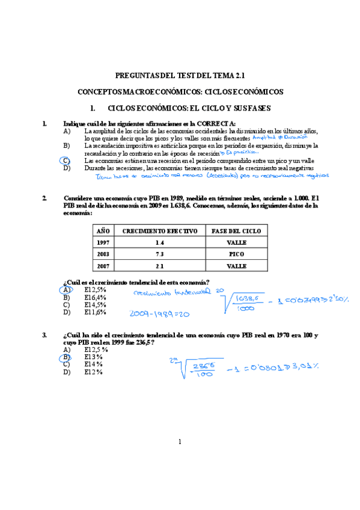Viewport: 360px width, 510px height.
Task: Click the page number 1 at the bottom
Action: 180,443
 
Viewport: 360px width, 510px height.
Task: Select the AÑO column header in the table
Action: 104,231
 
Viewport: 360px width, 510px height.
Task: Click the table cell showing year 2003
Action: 104,254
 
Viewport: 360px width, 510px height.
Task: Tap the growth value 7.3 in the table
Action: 159,254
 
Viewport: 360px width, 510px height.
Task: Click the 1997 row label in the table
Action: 104,242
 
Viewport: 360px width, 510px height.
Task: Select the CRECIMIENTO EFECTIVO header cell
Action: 159,231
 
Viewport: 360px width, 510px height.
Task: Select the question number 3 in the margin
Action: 44,334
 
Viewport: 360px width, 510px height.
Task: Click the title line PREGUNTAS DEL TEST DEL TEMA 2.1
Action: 180,76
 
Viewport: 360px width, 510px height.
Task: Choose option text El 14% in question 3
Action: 94,364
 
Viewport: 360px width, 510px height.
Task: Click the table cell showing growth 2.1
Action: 159,265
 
